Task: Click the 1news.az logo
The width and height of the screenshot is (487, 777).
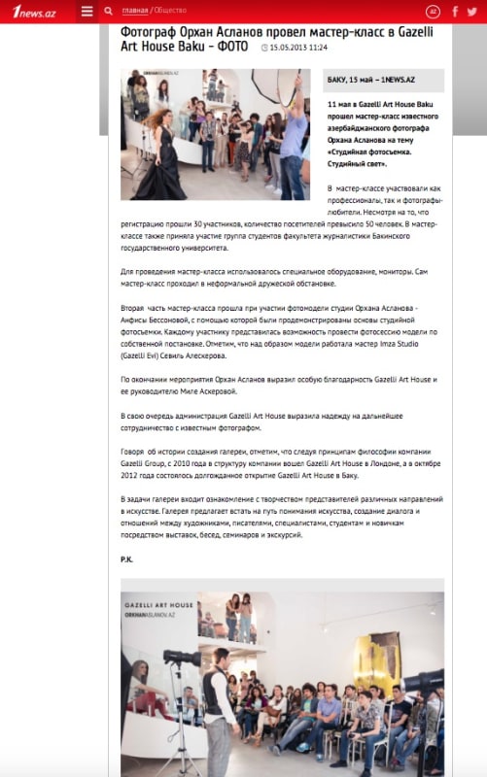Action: click(32, 11)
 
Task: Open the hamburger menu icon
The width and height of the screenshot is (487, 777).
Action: click(87, 12)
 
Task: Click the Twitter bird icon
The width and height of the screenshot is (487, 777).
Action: click(473, 12)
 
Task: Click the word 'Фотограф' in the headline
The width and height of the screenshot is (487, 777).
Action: click(150, 32)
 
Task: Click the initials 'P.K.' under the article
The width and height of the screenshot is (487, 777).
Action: click(127, 559)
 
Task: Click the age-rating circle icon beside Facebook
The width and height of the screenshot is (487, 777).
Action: click(434, 12)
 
